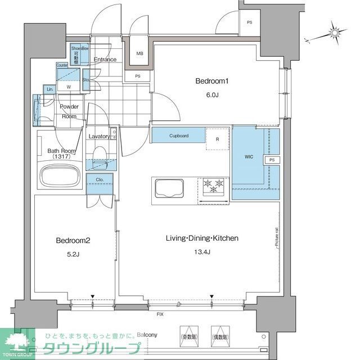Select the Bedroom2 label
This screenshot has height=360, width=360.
[72, 240]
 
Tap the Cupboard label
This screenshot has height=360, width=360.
[179, 136]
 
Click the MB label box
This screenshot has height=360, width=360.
[139, 55]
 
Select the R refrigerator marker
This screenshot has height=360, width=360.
[217, 139]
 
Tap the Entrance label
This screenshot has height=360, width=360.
[105, 60]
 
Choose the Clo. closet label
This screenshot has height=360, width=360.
[99, 181]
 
